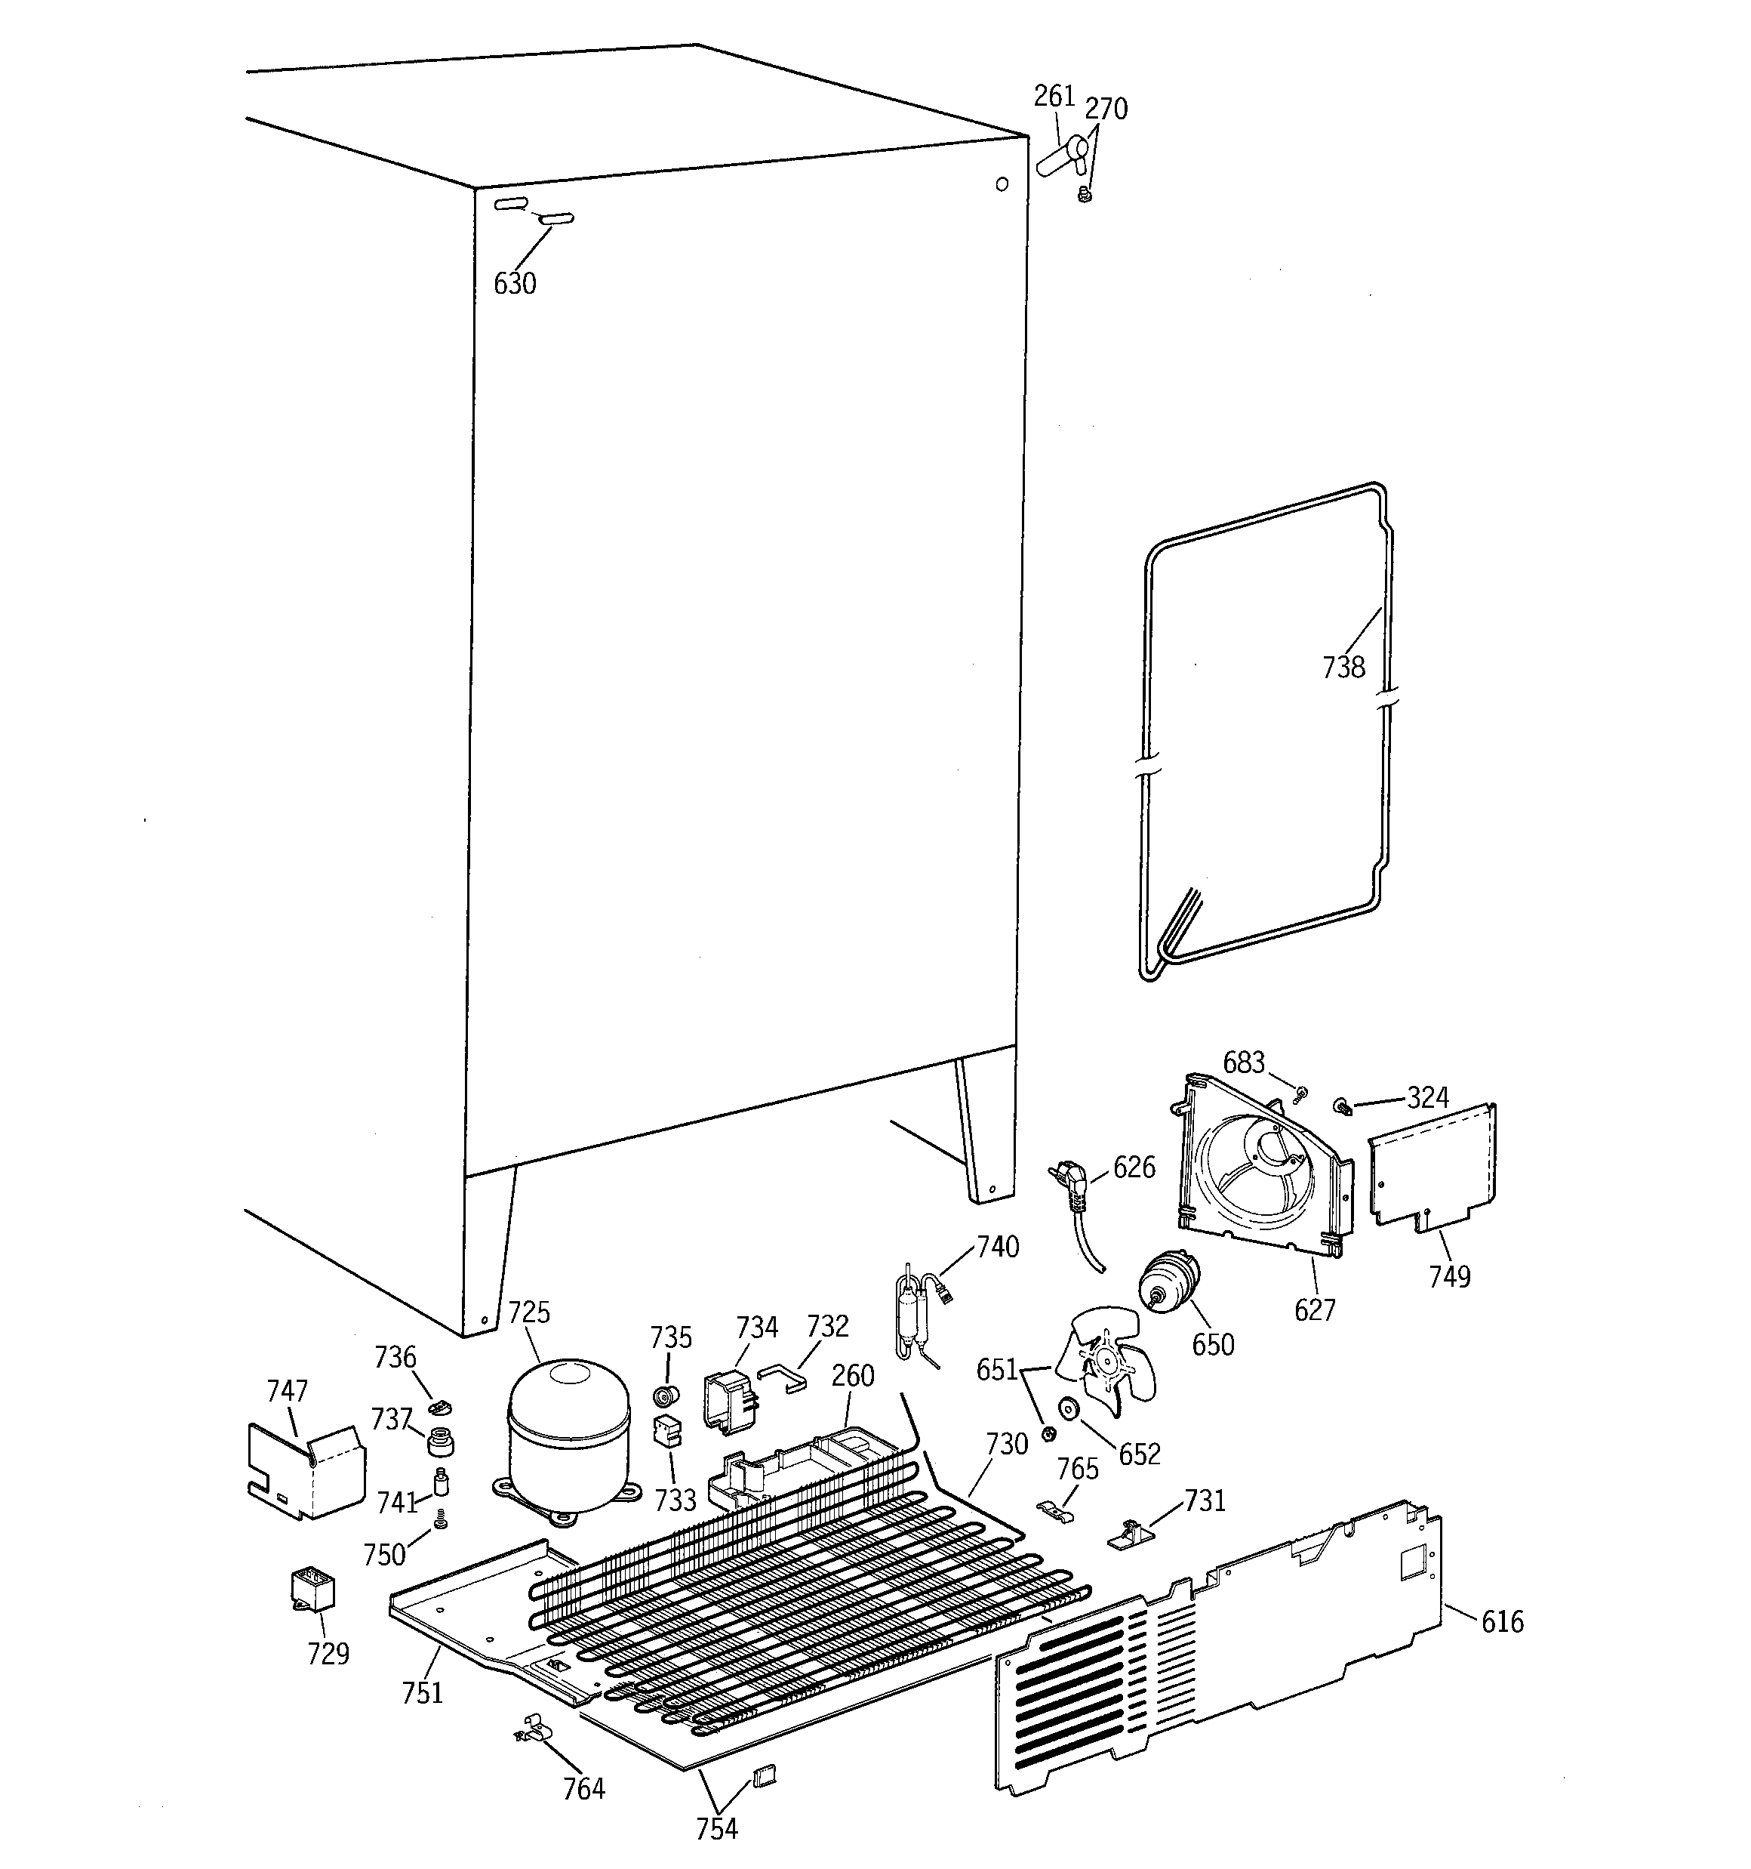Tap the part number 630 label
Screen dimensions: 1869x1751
pos(515,283)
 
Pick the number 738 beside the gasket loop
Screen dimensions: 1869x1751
pos(1343,668)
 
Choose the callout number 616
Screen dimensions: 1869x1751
pos(1502,1622)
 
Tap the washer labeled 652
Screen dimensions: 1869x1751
pos(1068,1409)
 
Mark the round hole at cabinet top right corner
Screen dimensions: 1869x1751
pos(1002,184)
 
